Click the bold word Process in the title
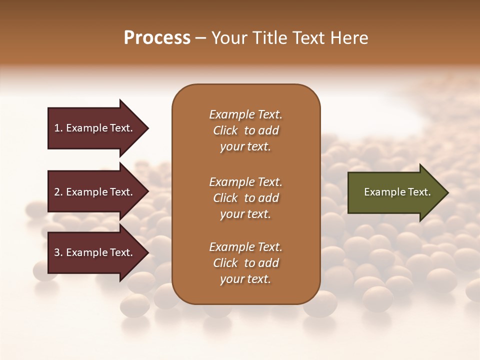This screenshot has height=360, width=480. pos(157,38)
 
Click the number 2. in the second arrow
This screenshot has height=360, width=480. pos(58,192)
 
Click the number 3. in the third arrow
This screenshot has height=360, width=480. pos(58,252)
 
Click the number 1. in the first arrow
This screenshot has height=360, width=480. pos(58,128)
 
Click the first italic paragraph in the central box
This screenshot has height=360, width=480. pos(245,130)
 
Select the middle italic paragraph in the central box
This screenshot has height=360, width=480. pos(245,198)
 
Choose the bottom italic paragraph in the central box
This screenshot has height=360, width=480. pos(245,263)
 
